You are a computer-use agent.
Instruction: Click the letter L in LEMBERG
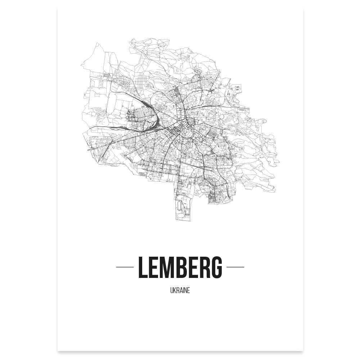coord(143,267)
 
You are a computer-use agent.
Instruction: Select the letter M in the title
coord(170,267)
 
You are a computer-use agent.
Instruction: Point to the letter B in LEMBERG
coord(184,267)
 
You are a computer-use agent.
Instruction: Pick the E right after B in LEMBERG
coord(196,267)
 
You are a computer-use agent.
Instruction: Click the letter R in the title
coord(207,267)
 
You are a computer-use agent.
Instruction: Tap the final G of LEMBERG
coord(217,267)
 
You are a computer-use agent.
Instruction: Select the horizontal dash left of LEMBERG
coord(125,267)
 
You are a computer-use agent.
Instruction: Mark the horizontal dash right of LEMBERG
coord(235,267)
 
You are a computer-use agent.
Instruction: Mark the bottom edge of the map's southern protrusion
coord(183,220)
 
